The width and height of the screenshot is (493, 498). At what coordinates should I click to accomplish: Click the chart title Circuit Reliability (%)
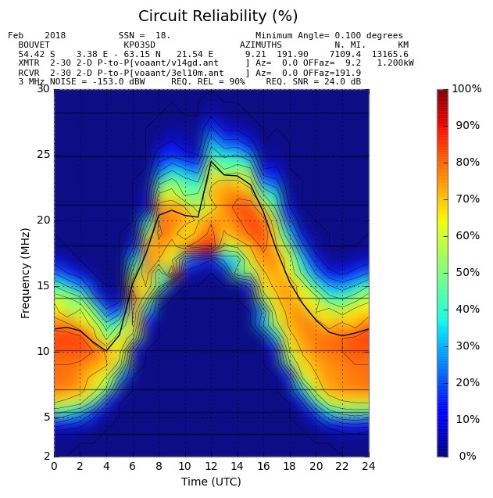point(218,16)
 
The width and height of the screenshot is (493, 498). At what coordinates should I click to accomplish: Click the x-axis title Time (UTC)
point(211,482)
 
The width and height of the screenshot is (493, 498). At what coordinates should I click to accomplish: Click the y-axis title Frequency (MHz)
point(26,273)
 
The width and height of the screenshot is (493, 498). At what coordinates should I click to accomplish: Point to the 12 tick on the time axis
point(211,466)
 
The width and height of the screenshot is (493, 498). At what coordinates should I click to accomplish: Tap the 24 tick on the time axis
point(368,466)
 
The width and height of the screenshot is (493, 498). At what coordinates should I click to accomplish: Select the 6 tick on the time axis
point(132,466)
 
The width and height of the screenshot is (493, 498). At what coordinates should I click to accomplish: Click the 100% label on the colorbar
point(466,89)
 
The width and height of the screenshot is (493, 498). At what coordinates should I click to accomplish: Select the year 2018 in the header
point(55,36)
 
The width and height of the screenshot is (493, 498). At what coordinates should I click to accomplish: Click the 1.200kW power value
point(395,63)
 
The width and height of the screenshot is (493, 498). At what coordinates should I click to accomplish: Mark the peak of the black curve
point(210,162)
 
